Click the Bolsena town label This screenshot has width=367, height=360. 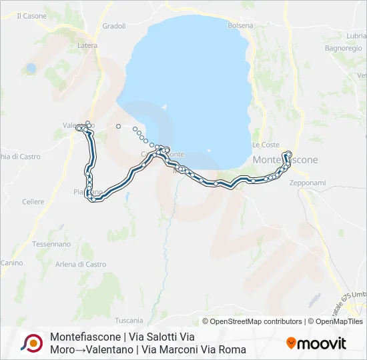[x=240, y=25]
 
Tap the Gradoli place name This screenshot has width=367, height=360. [x=114, y=26]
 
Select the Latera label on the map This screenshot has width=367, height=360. [x=87, y=45]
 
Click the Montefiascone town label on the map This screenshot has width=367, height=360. [x=285, y=160]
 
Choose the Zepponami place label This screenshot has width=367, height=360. [x=308, y=183]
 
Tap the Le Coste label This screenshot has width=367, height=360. [x=266, y=145]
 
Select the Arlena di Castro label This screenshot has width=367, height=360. [x=81, y=265]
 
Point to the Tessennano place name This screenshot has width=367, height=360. [x=51, y=245]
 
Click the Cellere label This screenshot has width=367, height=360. [x=33, y=202]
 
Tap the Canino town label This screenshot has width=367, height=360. [x=11, y=263]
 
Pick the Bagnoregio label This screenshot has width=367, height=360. [x=342, y=49]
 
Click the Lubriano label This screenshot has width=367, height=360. [x=356, y=35]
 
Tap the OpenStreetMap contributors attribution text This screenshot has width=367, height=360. [x=252, y=321]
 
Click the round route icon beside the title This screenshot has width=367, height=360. [x=31, y=343]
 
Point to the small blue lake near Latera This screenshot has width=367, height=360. [x=31, y=68]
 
